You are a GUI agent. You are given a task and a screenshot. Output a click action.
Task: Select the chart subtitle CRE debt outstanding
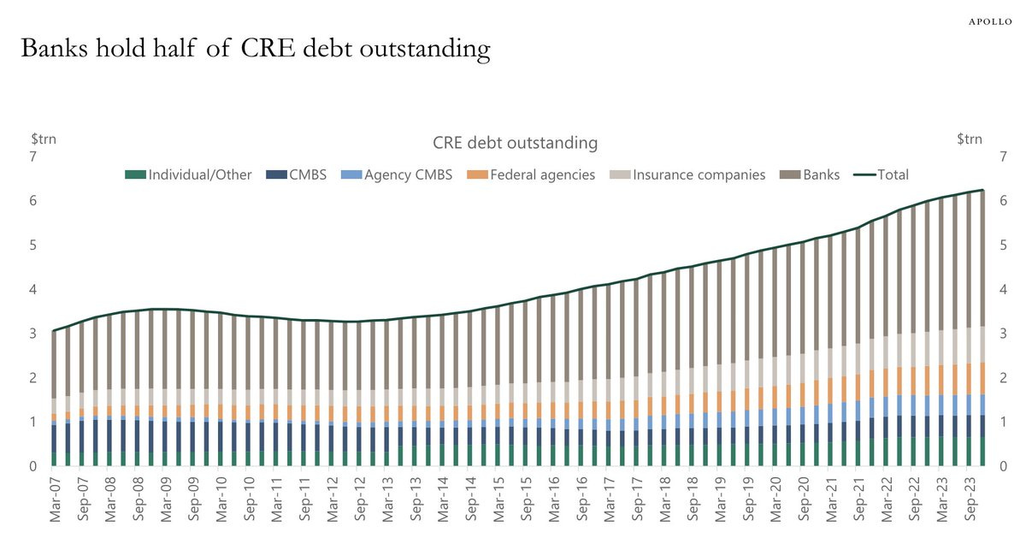pyautogui.click(x=515, y=142)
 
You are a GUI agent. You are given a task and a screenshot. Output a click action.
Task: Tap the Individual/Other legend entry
pyautogui.click(x=189, y=174)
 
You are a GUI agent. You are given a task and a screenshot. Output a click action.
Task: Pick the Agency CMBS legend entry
pyautogui.click(x=398, y=174)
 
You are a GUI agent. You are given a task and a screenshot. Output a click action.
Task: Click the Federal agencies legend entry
pyautogui.click(x=531, y=174)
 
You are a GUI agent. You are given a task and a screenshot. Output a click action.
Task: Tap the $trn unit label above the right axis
pyautogui.click(x=970, y=139)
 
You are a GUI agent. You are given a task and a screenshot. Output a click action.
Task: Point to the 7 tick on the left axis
pyautogui.click(x=32, y=157)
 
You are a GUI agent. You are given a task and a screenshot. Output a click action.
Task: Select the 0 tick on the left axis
pyautogui.click(x=32, y=467)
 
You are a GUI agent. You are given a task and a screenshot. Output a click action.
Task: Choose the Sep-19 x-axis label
pyautogui.click(x=746, y=503)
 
